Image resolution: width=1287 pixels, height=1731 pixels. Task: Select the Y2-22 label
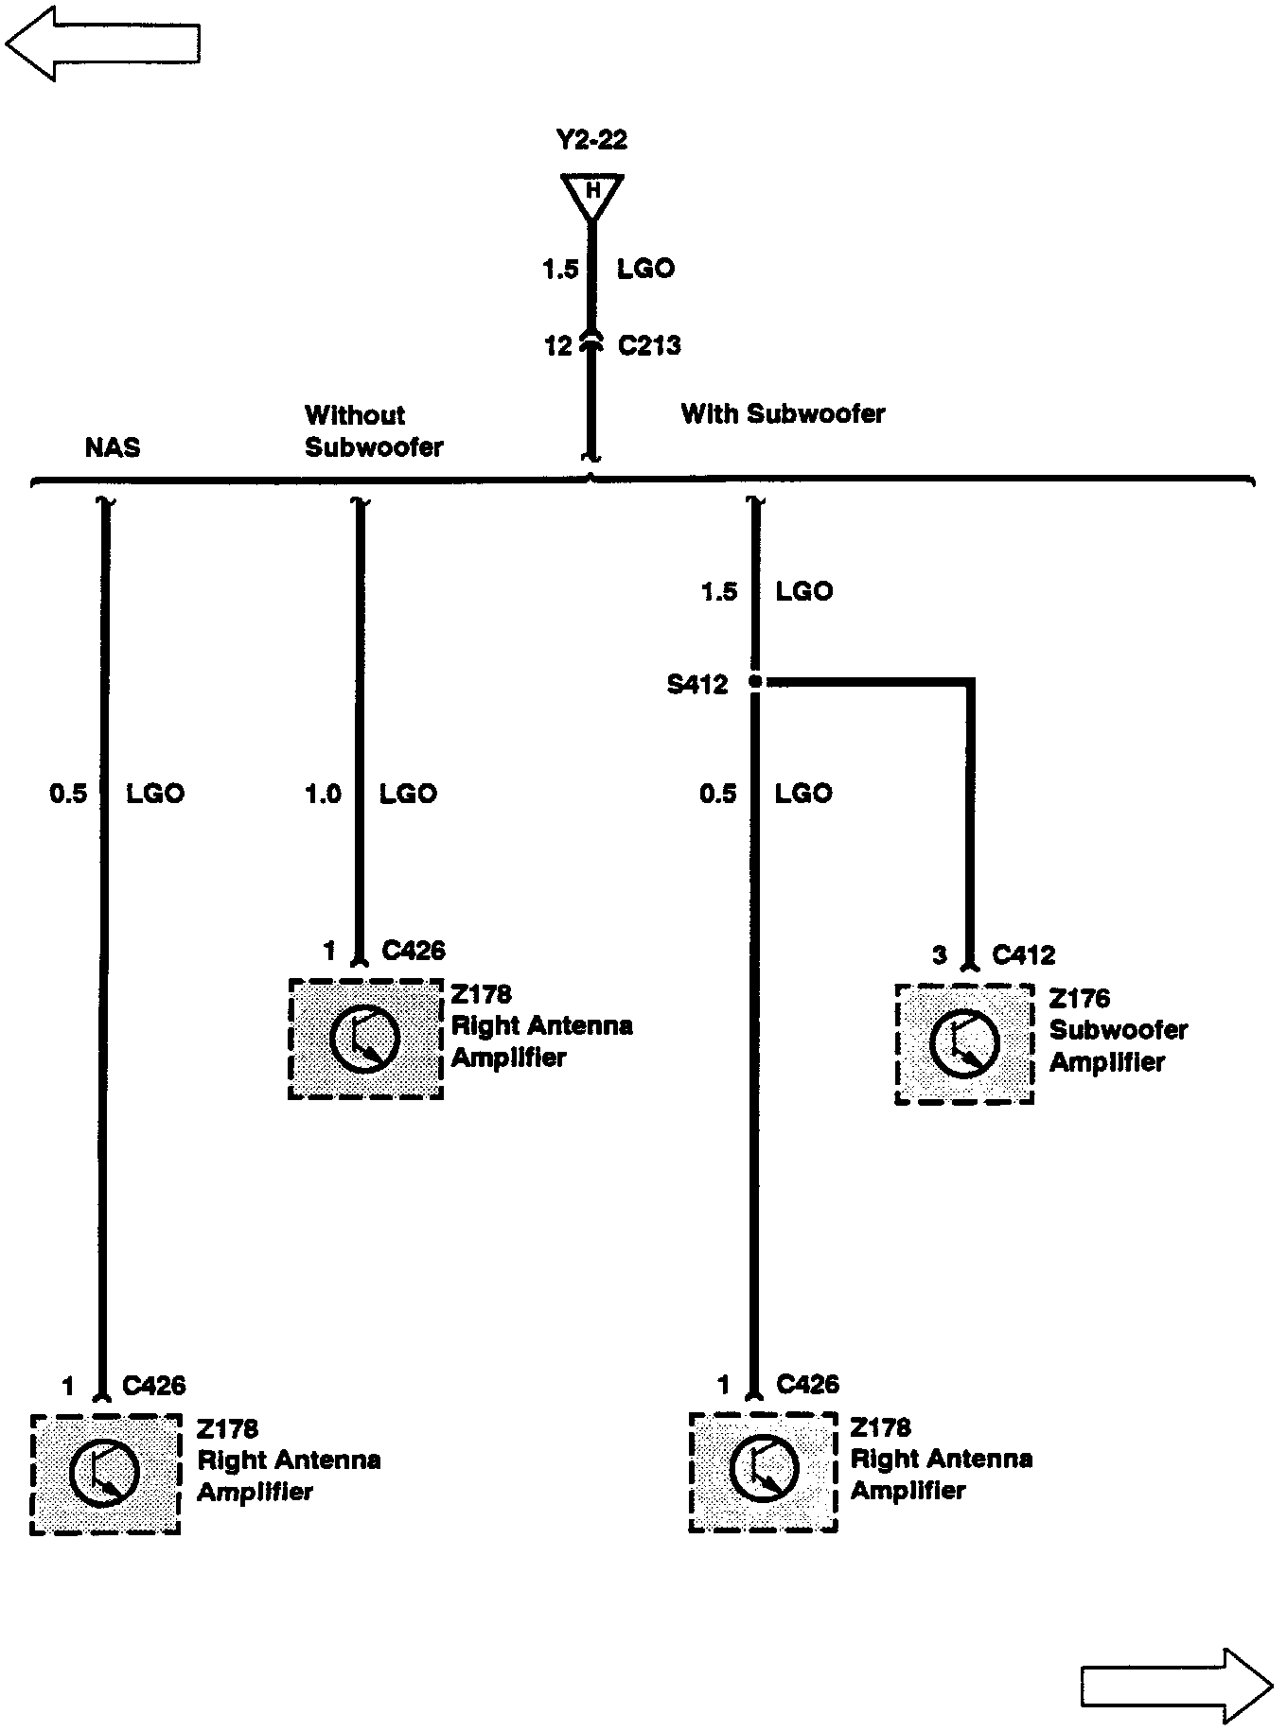pyautogui.click(x=592, y=141)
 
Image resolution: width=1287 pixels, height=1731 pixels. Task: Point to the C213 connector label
pyautogui.click(x=649, y=346)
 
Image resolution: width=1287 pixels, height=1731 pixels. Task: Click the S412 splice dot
pyautogui.click(x=755, y=681)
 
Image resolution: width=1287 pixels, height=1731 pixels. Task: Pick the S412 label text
pyautogui.click(x=697, y=685)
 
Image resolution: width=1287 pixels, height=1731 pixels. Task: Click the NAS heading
pyautogui.click(x=113, y=446)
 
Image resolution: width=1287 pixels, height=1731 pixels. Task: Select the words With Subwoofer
pyautogui.click(x=783, y=414)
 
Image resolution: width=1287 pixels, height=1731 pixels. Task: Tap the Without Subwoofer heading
pyautogui.click(x=374, y=430)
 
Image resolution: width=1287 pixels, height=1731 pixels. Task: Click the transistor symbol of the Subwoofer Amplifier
pyautogui.click(x=964, y=1043)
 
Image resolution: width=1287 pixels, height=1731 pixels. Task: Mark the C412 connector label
pyautogui.click(x=1023, y=955)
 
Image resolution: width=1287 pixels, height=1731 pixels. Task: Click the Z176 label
pyautogui.click(x=1080, y=999)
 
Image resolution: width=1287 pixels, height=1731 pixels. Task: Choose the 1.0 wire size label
pyautogui.click(x=323, y=794)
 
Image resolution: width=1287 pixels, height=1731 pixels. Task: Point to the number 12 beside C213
pyautogui.click(x=558, y=347)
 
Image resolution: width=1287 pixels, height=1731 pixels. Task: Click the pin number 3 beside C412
pyautogui.click(x=939, y=955)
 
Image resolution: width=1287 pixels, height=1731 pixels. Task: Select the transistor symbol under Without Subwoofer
pyautogui.click(x=365, y=1039)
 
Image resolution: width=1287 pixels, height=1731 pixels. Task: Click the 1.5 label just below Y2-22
pyautogui.click(x=560, y=270)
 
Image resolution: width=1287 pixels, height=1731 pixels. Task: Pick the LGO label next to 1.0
pyautogui.click(x=409, y=794)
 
